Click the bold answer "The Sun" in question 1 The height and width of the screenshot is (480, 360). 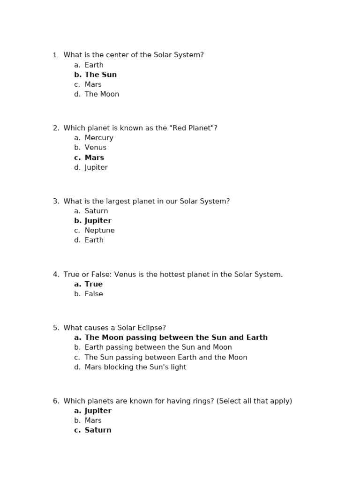100,75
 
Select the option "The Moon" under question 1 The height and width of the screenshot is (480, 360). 102,94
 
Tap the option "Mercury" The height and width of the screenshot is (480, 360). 99,138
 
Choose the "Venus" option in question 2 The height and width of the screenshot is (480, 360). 96,148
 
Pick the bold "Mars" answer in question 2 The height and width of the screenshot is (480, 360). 94,157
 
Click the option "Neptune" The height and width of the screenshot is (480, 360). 99,231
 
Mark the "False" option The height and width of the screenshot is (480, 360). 94,294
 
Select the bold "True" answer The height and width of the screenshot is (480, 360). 93,284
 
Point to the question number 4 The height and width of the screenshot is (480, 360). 56,275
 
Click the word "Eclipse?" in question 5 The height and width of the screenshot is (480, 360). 151,328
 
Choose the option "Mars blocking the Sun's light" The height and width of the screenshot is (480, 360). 135,367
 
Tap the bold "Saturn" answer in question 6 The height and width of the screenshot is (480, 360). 98,430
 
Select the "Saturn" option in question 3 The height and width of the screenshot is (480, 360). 96,211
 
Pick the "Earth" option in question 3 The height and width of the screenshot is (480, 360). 94,240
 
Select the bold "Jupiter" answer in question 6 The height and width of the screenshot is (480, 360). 98,411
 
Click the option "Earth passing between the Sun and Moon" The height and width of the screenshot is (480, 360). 158,347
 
